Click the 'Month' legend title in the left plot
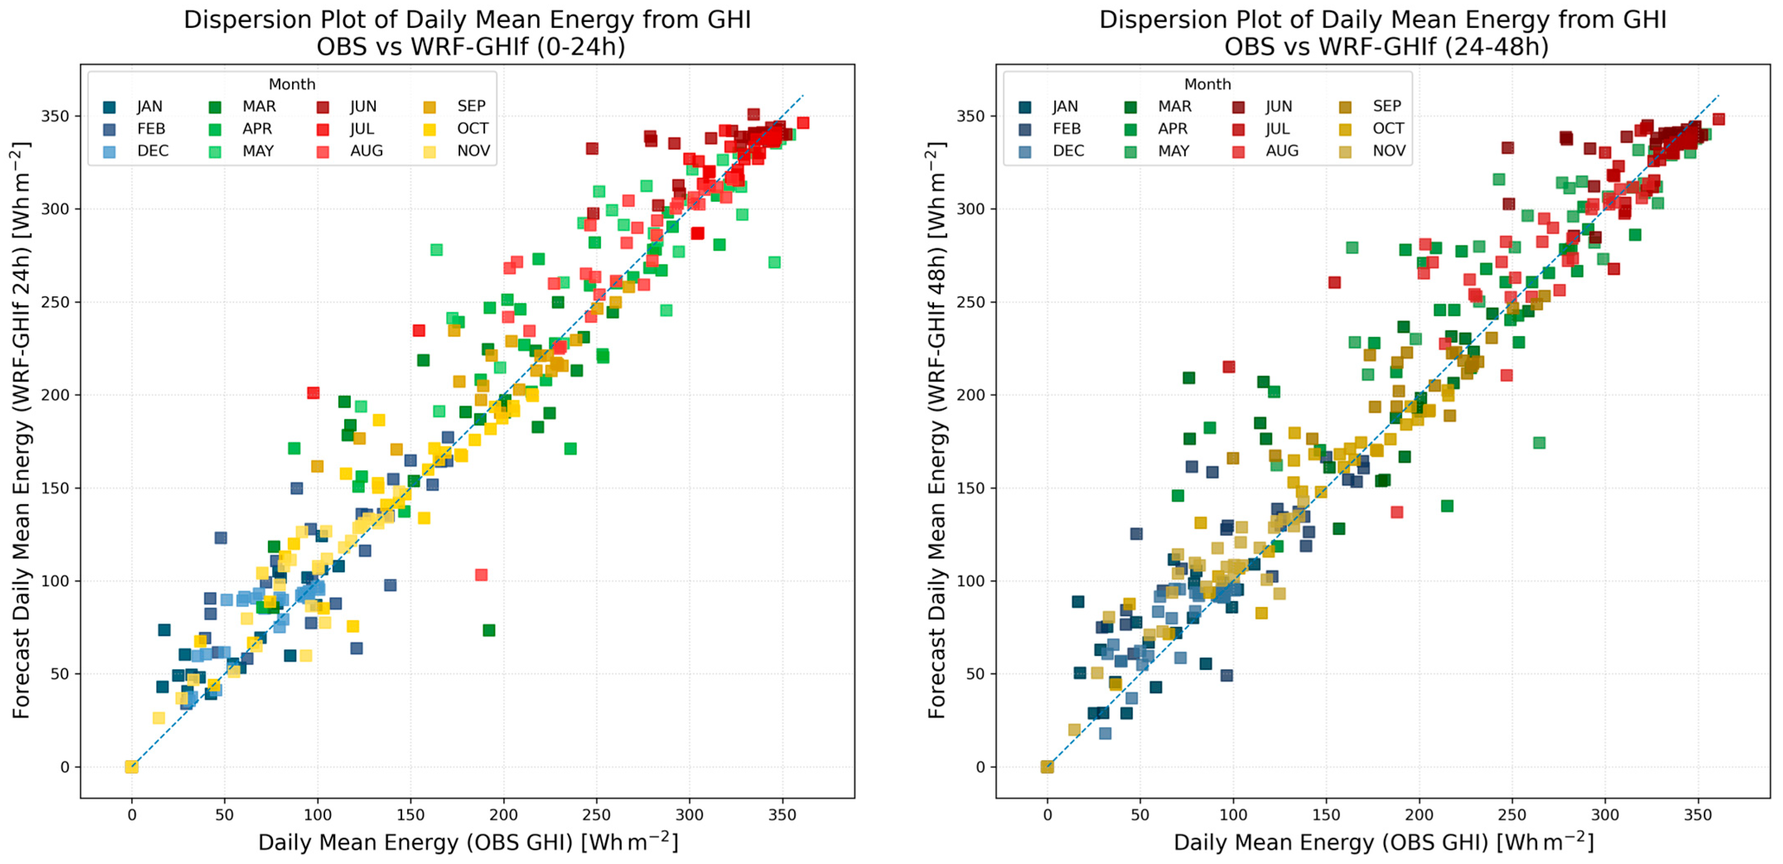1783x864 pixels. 292,84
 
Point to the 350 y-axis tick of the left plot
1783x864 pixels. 55,116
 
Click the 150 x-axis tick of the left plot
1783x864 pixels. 410,815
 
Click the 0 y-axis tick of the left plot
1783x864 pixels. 65,766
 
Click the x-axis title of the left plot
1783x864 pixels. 468,842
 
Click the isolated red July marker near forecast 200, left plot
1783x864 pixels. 313,393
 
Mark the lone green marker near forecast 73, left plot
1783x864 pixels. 489,630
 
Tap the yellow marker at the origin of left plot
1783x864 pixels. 132,766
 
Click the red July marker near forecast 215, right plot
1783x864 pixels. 1228,367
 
